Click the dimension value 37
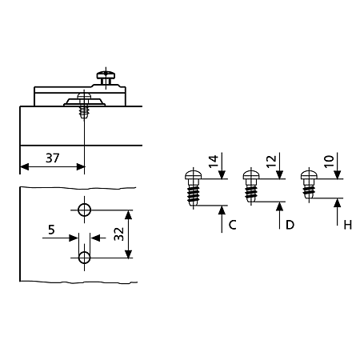click(52, 158)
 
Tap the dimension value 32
click(119, 234)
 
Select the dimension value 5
click(51, 230)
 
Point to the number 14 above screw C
click(213, 162)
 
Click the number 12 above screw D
click(271, 162)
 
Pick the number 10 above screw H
click(329, 162)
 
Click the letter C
click(232, 225)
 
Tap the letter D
click(290, 225)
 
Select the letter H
click(348, 225)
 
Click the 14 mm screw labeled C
click(193, 188)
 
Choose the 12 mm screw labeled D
click(251, 186)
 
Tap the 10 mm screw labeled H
click(309, 185)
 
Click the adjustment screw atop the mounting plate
click(106, 78)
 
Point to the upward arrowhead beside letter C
click(222, 210)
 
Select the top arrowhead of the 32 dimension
click(129, 215)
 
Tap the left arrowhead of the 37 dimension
click(25, 167)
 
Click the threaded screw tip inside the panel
click(84, 112)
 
